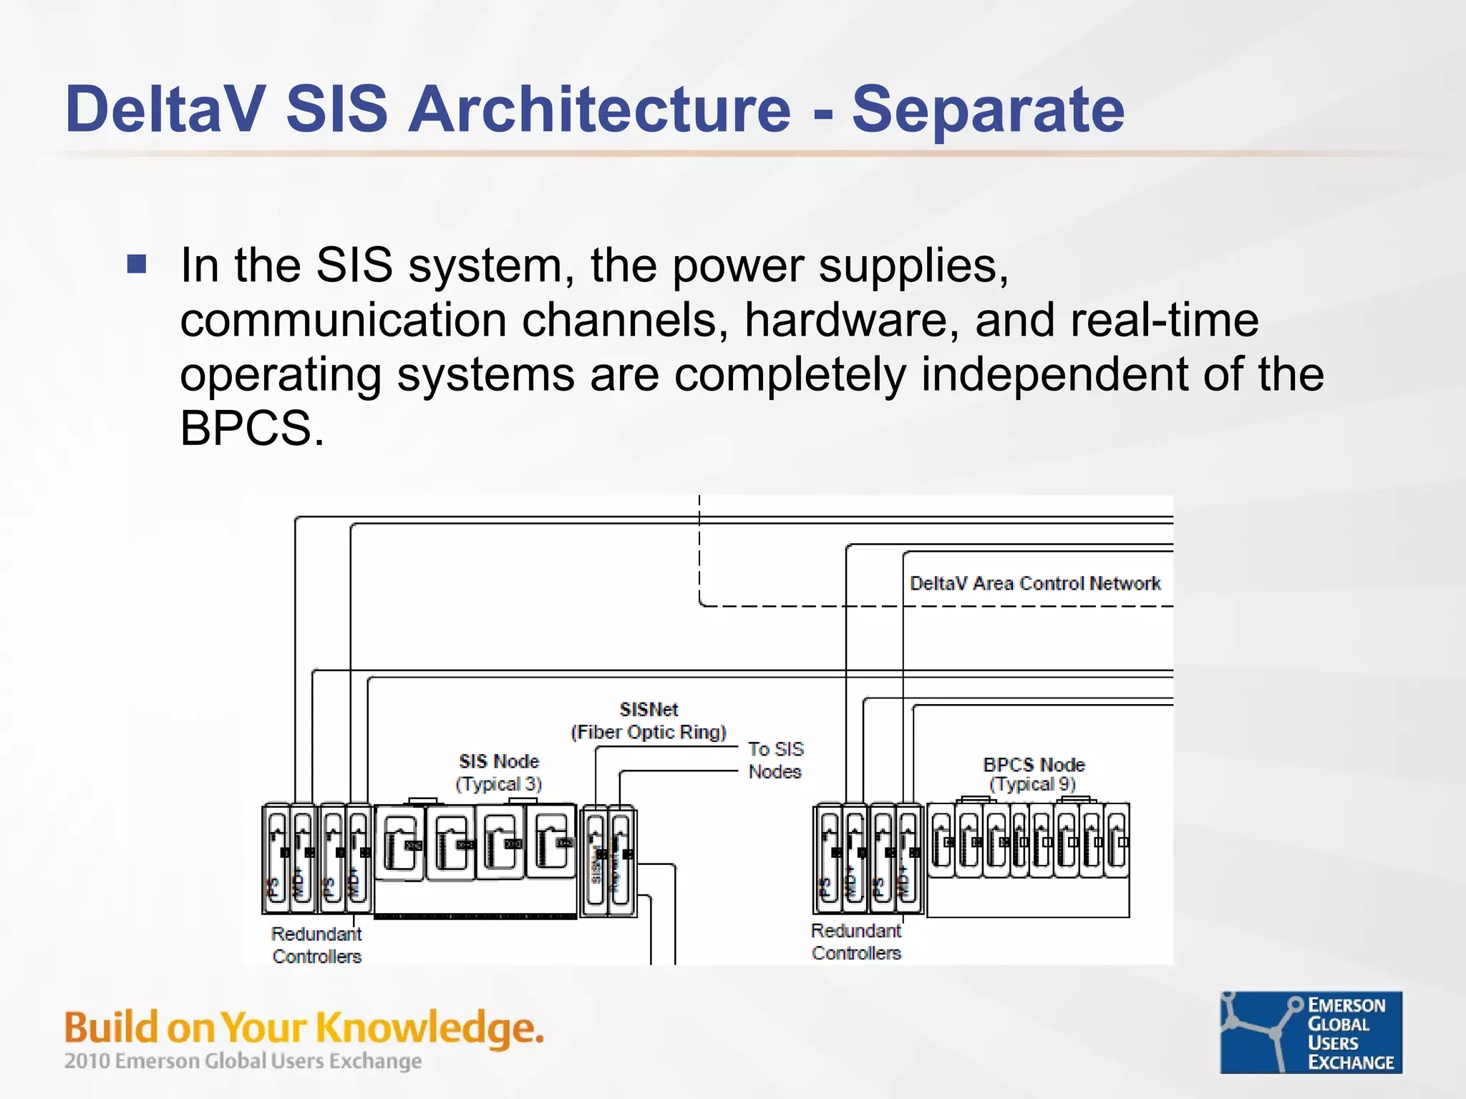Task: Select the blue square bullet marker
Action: (x=137, y=264)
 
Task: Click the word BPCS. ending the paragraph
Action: (x=252, y=429)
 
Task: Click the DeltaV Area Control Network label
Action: (x=1034, y=583)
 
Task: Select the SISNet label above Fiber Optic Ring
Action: (x=649, y=709)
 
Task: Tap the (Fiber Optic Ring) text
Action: (x=649, y=732)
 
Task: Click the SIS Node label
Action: (x=499, y=761)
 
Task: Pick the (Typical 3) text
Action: (x=499, y=784)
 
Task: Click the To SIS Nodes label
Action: (x=775, y=760)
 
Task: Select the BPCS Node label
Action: (x=1034, y=764)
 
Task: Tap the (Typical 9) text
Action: (x=1032, y=784)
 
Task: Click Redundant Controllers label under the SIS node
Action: (x=316, y=945)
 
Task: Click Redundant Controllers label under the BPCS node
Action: (x=856, y=942)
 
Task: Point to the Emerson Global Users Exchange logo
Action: (x=1311, y=1032)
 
